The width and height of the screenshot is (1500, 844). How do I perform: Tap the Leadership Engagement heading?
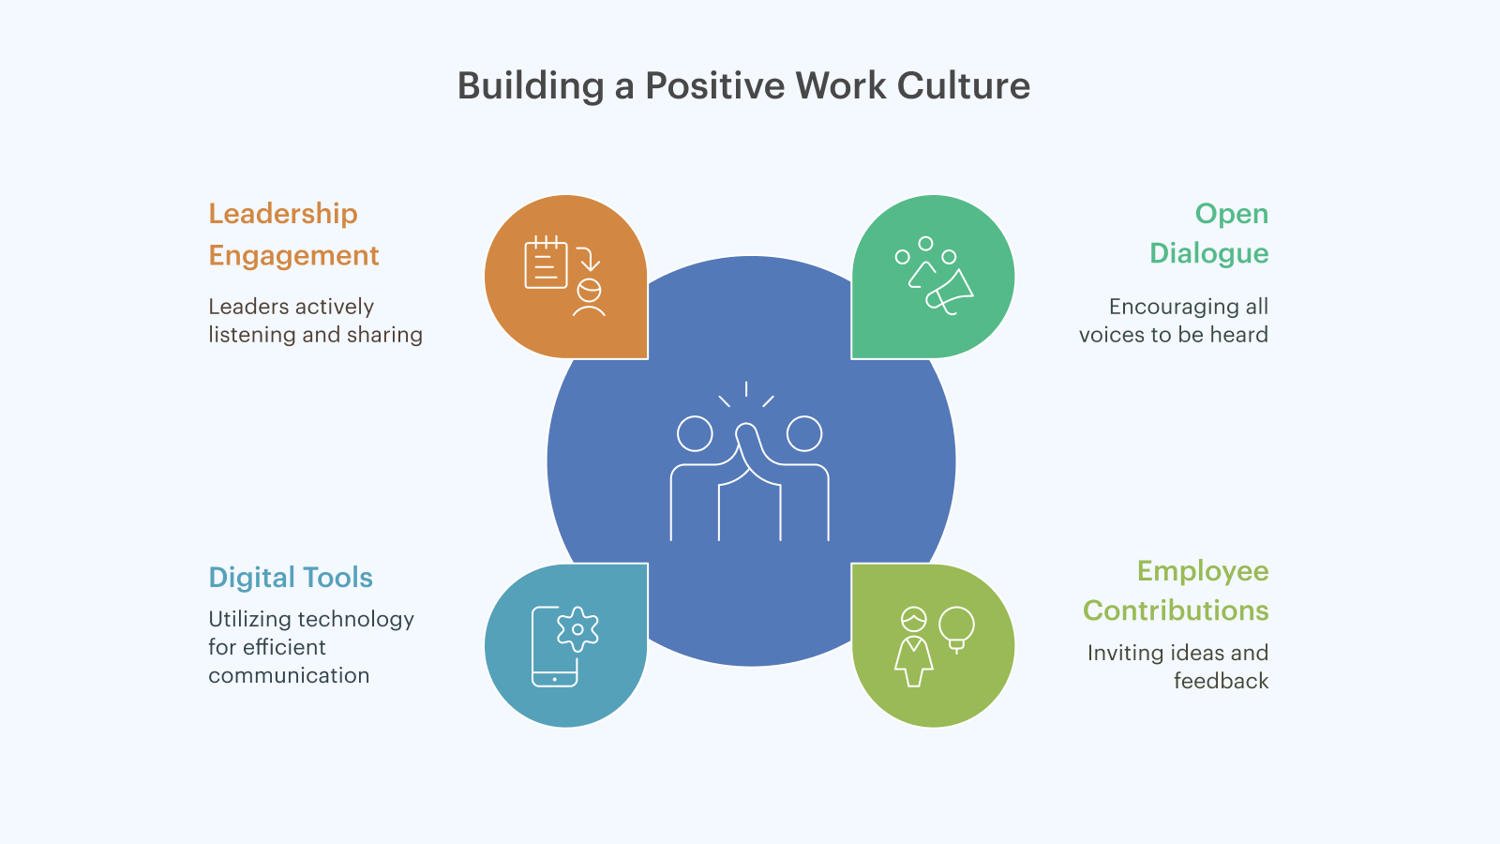point(293,234)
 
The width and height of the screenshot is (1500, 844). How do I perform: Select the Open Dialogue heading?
point(1208,234)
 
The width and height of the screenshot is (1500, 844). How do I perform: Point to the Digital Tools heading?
point(290,578)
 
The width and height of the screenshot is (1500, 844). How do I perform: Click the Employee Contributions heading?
point(1176,591)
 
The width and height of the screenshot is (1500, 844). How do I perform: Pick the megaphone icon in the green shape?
point(950,293)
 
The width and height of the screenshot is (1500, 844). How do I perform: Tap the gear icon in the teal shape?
point(577,629)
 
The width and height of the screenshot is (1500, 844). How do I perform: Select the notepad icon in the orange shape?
point(546,263)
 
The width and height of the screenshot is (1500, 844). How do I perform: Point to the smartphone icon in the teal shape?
point(554,647)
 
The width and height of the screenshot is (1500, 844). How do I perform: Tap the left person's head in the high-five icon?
point(695,433)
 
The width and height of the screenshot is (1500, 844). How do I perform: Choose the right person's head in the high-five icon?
point(804,433)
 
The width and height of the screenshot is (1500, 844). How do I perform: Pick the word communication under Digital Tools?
point(289,675)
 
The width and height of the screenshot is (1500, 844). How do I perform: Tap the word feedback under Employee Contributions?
point(1221,681)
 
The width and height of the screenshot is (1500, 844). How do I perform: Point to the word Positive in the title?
point(714,85)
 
